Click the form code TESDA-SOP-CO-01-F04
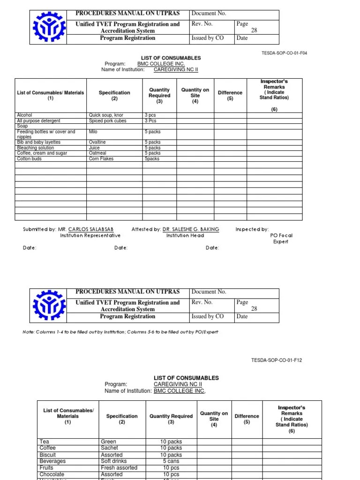click(x=285, y=53)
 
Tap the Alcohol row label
click(x=24, y=115)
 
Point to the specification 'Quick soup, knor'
click(x=106, y=115)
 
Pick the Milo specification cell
click(x=93, y=132)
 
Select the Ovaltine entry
click(x=97, y=142)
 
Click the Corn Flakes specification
click(x=101, y=159)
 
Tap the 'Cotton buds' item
click(x=29, y=159)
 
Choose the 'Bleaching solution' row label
click(x=35, y=148)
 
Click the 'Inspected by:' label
click(x=252, y=230)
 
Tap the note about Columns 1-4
click(x=120, y=332)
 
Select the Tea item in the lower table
click(x=45, y=442)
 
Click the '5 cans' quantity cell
click(x=171, y=461)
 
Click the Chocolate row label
click(x=52, y=474)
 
